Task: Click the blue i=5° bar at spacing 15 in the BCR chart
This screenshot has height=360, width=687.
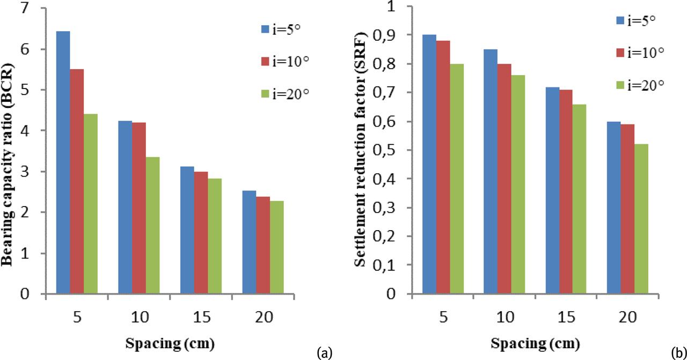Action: click(187, 230)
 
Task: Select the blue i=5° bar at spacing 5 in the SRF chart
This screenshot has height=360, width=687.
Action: click(429, 164)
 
